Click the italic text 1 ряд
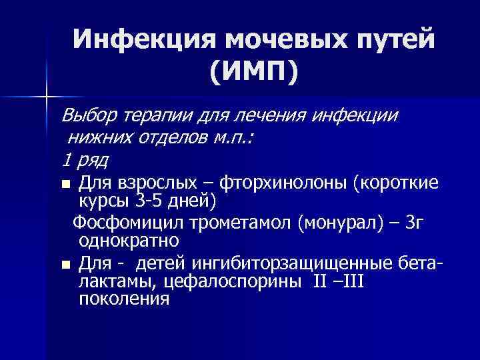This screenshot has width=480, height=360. click(85, 160)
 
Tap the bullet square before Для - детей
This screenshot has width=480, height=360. click(65, 265)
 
